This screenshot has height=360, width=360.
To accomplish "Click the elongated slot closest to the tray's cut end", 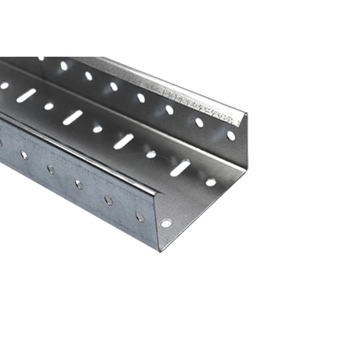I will tap(180, 167).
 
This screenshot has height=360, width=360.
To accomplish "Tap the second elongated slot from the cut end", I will tap(124, 141).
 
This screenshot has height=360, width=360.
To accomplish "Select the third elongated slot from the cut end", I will tap(73, 117).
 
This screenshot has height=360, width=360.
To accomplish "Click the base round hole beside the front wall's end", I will tap(166, 223).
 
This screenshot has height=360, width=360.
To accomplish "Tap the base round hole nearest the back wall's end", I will tap(211, 182).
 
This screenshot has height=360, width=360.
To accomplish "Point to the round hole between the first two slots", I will tap(151, 154).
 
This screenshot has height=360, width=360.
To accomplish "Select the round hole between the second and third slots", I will tap(98, 129).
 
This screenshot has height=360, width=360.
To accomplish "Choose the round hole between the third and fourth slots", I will tap(49, 106).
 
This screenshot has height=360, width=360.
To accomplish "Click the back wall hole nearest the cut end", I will tap(231, 135).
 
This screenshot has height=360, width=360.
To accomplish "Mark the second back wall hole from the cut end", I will tap(199, 122).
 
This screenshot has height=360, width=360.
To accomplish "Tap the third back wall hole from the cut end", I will tap(169, 109).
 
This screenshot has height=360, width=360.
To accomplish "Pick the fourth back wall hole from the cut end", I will tap(141, 97).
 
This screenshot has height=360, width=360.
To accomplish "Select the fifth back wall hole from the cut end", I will tap(114, 86).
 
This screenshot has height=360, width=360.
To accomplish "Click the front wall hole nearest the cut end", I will tap(140, 217).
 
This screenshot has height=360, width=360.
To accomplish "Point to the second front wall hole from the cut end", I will tap(108, 199).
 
